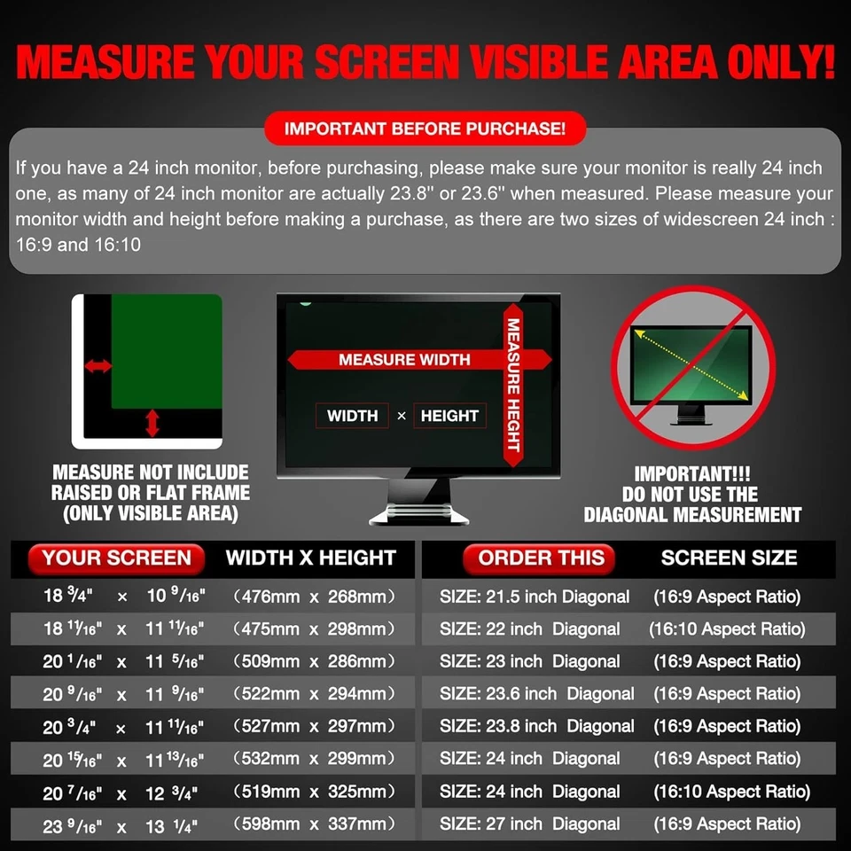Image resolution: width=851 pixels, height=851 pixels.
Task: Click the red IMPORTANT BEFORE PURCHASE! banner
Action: point(425,129)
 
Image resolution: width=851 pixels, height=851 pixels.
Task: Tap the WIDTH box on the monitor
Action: point(352,416)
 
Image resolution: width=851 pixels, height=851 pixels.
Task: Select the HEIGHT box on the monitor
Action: point(449,416)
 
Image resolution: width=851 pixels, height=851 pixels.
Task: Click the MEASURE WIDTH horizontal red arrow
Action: point(403,360)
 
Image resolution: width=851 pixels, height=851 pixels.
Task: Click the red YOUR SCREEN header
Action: point(116,558)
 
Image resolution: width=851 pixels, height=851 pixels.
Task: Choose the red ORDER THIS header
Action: point(541,558)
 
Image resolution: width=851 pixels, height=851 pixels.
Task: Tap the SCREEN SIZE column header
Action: point(729,558)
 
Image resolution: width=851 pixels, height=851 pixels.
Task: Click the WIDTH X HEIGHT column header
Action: point(310,558)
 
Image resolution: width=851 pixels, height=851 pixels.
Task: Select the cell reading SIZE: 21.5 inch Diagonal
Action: point(535,597)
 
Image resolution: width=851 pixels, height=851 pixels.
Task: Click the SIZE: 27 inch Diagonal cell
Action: point(529,824)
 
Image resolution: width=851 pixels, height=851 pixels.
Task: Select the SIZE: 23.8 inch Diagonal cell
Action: point(536,727)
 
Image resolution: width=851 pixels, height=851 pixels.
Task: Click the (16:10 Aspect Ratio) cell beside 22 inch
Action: point(727,629)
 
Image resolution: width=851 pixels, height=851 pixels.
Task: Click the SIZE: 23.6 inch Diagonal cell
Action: point(536,694)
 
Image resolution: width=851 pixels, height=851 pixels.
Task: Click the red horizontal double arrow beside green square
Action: point(97,366)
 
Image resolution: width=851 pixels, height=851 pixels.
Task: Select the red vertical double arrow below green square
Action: point(152,422)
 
